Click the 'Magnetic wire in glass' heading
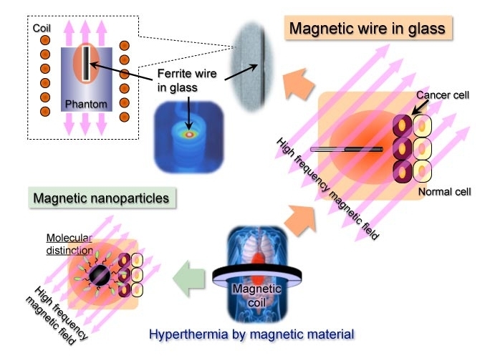[x=367, y=29]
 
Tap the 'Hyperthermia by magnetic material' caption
[x=251, y=333]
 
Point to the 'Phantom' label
[x=86, y=104]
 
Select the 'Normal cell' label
[x=444, y=192]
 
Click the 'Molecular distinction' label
[x=70, y=244]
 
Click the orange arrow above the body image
[x=297, y=219]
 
